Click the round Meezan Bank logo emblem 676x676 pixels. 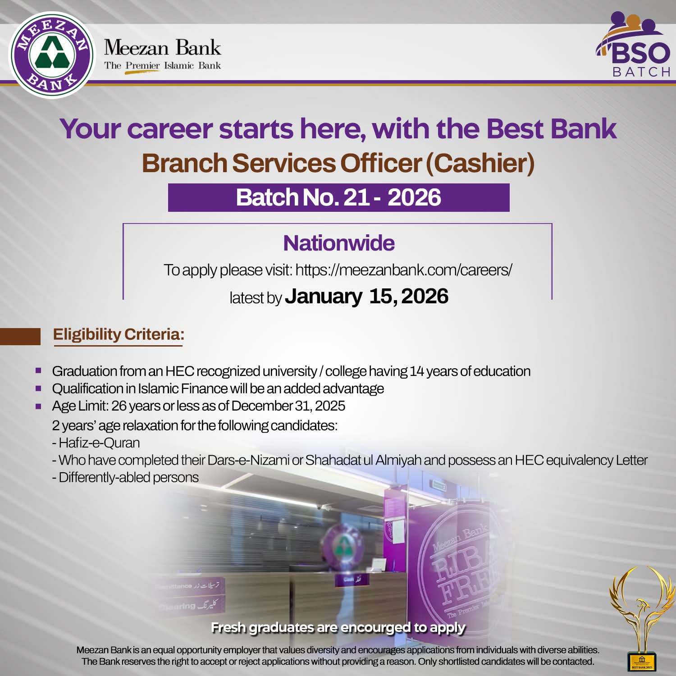52,55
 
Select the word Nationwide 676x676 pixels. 338,243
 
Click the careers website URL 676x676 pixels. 404,270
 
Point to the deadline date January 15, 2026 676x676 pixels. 366,297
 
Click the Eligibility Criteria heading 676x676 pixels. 119,334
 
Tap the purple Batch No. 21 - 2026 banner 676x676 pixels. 338,197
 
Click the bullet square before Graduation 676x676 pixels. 38,371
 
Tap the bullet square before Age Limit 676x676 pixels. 38,406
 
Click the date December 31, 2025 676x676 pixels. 288,406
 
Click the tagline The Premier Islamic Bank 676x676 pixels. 162,66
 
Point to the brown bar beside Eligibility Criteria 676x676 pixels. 20,336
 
